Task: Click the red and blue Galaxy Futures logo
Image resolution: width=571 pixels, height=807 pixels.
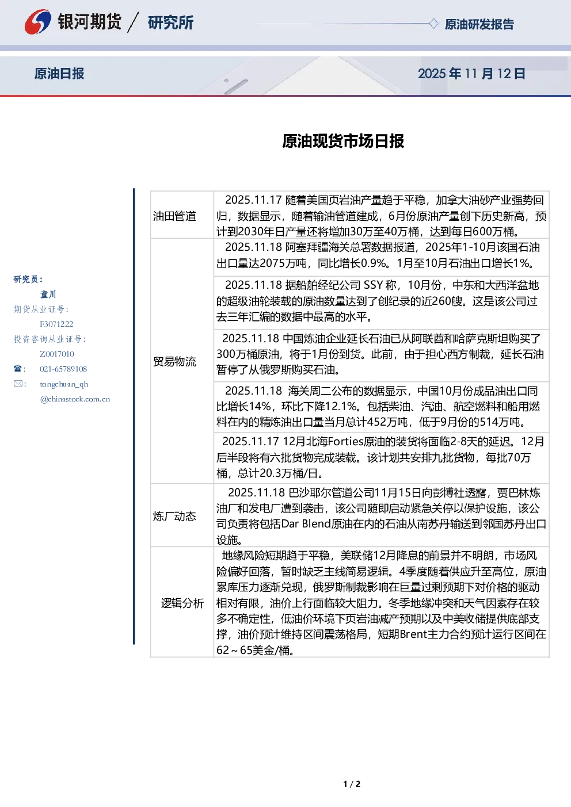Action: (x=37, y=22)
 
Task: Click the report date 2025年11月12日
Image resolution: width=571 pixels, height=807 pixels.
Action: (x=471, y=74)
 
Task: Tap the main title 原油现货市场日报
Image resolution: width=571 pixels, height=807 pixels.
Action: (x=343, y=141)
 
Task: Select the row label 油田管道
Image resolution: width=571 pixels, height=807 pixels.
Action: (x=174, y=216)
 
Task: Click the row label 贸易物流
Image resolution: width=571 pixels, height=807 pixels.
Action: (x=174, y=361)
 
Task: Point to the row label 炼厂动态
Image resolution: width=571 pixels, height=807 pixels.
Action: (x=174, y=517)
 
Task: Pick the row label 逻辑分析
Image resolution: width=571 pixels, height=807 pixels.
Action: (x=182, y=603)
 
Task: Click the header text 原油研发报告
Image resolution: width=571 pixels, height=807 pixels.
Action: (x=479, y=24)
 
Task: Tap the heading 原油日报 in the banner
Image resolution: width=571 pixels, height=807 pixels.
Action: (x=59, y=74)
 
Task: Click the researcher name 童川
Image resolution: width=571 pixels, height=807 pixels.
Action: (x=48, y=295)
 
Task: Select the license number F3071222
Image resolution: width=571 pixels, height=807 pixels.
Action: (x=56, y=324)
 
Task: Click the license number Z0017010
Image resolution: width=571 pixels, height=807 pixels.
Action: (x=57, y=354)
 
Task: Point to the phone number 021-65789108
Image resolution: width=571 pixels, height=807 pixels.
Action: (x=63, y=369)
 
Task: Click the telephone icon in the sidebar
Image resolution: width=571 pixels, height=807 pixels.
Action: (x=18, y=369)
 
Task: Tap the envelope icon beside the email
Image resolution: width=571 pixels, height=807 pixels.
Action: (x=18, y=383)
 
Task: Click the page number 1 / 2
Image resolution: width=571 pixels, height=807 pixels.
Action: (x=352, y=784)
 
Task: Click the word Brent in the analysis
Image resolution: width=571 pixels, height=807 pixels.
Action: (x=413, y=634)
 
